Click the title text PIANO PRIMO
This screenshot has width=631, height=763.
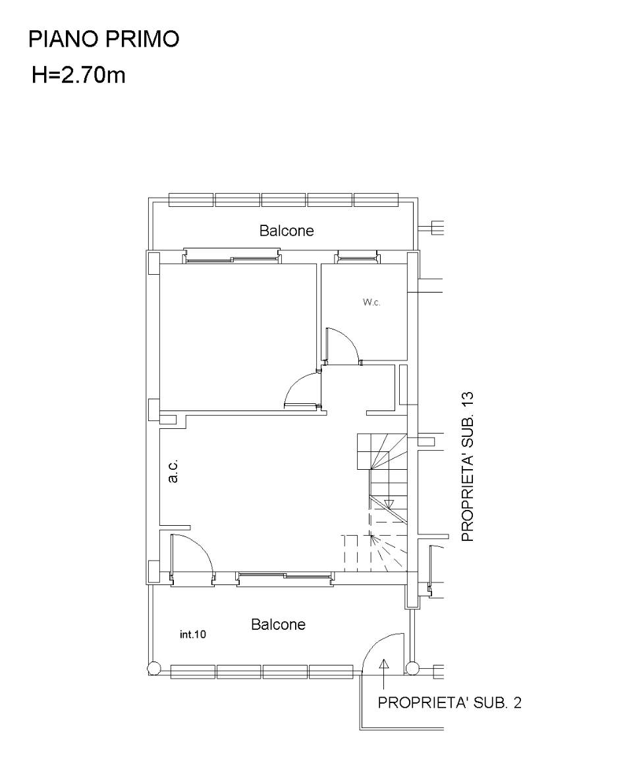[103, 39]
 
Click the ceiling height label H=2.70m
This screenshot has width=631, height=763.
[78, 75]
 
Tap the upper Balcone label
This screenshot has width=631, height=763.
[287, 230]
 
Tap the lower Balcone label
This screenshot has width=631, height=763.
[278, 625]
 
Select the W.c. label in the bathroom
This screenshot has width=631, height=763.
[371, 302]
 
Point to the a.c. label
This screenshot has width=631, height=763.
[173, 470]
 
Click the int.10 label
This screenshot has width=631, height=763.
[193, 635]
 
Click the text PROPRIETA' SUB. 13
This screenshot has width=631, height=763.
[468, 466]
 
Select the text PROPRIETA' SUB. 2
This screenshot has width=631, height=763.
[449, 702]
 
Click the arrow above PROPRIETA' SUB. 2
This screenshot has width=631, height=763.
[385, 674]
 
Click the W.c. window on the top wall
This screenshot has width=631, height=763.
[356, 256]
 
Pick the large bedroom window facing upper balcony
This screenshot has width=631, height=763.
[232, 256]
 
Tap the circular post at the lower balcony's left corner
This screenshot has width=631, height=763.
[153, 669]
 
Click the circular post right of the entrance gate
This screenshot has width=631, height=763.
[412, 669]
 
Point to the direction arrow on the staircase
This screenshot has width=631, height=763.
[388, 503]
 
